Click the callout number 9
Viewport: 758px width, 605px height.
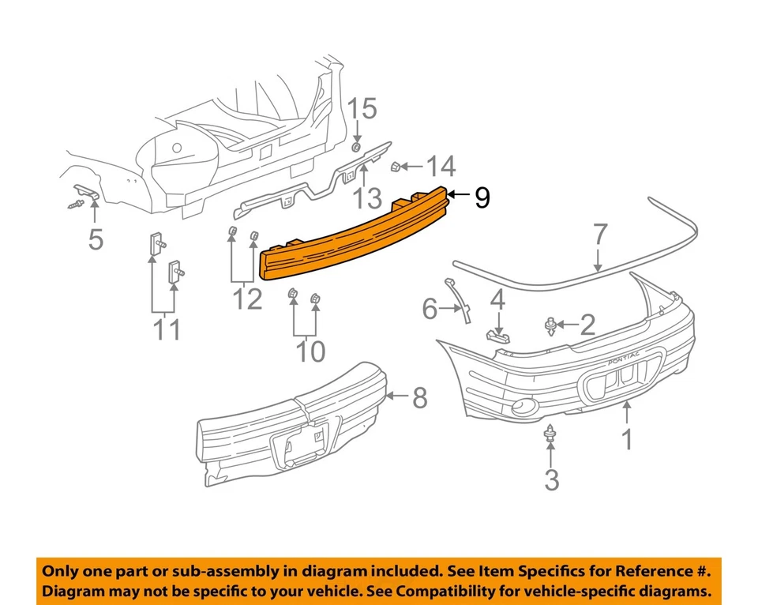pos(482,198)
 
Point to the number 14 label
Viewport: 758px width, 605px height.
pos(441,166)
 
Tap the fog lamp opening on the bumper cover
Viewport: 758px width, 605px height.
pos(522,408)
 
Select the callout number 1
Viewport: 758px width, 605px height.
pos(627,438)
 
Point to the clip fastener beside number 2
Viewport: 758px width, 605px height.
pos(550,324)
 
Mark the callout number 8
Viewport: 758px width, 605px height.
pos(418,398)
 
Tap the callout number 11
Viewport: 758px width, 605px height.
pos(167,329)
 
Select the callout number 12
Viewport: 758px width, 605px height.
pos(247,299)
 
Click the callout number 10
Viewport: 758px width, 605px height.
pos(310,351)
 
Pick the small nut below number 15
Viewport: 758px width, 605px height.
pos(356,148)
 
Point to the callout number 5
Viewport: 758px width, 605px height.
pos(96,238)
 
